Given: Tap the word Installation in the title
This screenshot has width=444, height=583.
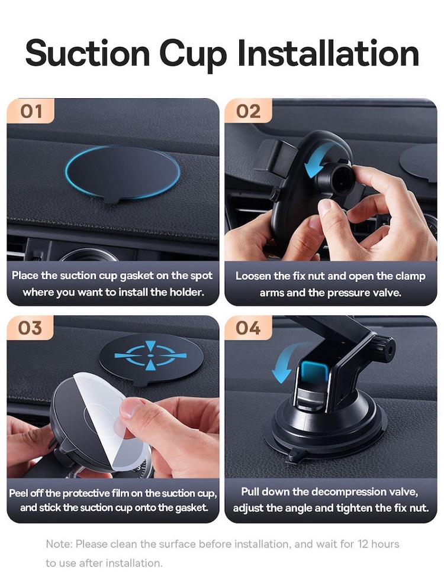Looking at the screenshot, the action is (x=328, y=53).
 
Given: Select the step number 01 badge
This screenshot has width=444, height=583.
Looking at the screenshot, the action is (x=31, y=111).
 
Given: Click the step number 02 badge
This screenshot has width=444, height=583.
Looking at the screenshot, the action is (x=248, y=111).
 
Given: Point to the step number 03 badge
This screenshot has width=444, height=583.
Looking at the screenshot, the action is (x=30, y=328).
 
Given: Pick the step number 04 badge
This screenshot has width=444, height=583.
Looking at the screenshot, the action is (x=248, y=328).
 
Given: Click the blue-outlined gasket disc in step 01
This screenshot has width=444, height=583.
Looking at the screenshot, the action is (x=123, y=173).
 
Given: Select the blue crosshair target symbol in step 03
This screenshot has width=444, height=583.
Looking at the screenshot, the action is (x=150, y=356).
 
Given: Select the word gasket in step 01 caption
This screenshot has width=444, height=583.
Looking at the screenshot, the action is (x=137, y=276).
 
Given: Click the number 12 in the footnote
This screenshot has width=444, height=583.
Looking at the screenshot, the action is (x=362, y=544).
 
